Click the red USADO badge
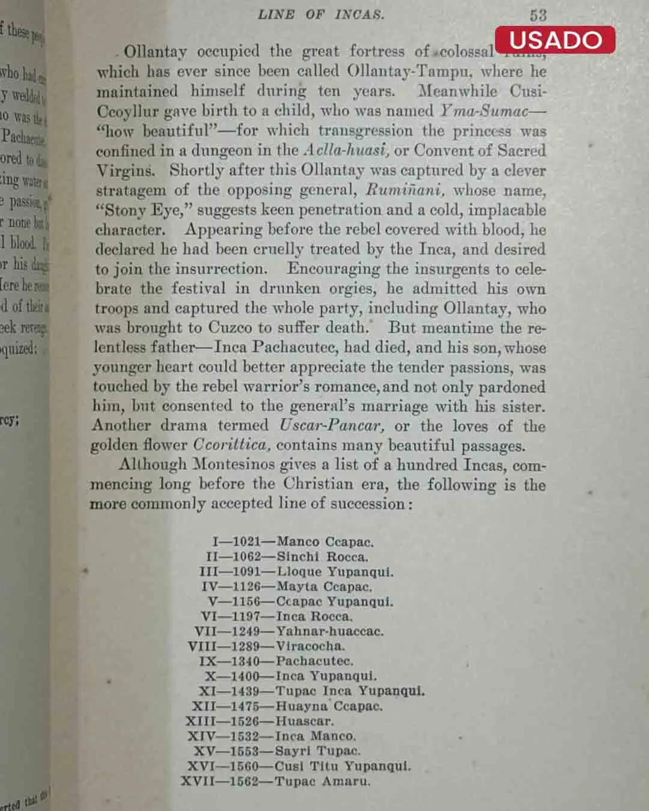pyautogui.click(x=555, y=40)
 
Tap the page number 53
pyautogui.click(x=538, y=15)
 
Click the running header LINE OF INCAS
pyautogui.click(x=321, y=15)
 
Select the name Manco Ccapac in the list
pyautogui.click(x=325, y=542)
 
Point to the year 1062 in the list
pyautogui.click(x=247, y=557)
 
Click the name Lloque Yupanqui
pyautogui.click(x=335, y=572)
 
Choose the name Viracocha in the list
pyautogui.click(x=310, y=646)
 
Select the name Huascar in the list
pyautogui.click(x=304, y=721)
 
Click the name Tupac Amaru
pyautogui.click(x=322, y=782)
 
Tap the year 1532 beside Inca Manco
pyautogui.click(x=245, y=736)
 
